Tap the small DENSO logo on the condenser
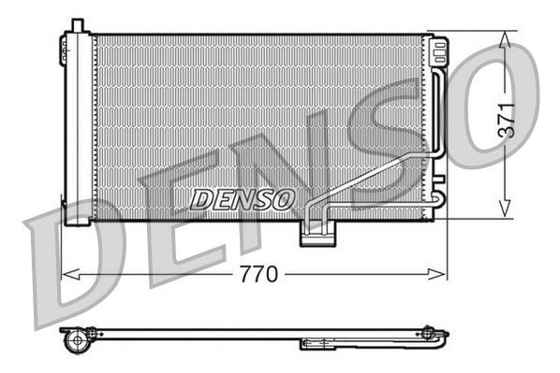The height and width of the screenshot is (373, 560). click(243, 198)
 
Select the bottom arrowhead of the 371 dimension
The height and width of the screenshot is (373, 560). click(506, 210)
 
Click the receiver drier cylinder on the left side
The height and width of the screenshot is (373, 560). click(76, 126)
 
